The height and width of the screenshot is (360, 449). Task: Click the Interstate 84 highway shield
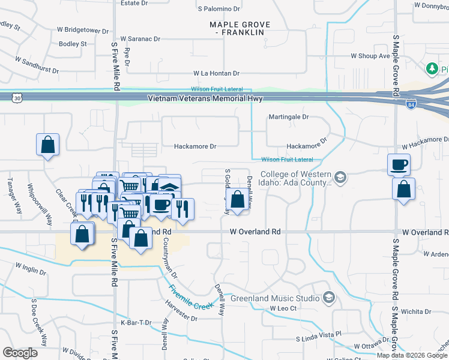click(411, 104)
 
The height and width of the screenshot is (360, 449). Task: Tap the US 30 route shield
click(17, 97)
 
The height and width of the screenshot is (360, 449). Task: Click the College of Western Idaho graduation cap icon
click(340, 177)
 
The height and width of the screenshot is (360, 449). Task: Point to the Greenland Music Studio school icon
click(328, 298)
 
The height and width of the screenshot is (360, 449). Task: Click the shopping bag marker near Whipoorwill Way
click(47, 145)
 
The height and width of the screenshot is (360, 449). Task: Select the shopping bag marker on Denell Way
click(238, 200)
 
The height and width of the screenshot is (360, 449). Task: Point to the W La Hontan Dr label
click(215, 73)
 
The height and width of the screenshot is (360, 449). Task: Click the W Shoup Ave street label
click(370, 56)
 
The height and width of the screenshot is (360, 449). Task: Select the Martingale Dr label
click(288, 116)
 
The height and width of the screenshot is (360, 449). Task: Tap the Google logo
click(21, 353)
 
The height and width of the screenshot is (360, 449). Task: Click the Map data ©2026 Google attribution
click(412, 355)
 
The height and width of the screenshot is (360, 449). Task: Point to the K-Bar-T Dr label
click(134, 323)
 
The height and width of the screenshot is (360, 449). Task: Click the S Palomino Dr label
click(218, 10)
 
